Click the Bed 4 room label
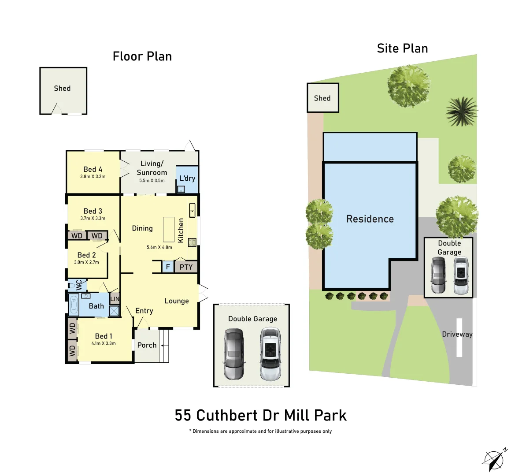click(93, 169)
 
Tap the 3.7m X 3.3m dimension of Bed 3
click(93, 218)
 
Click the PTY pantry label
click(186, 267)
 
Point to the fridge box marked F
click(168, 267)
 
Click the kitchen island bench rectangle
click(169, 229)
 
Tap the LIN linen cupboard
click(115, 299)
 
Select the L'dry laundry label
click(187, 178)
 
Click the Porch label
click(147, 345)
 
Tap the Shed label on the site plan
click(322, 98)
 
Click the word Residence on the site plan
click(370, 219)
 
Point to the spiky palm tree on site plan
click(462, 111)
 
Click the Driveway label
click(457, 334)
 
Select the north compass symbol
click(494, 460)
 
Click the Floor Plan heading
click(142, 56)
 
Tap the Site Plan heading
click(402, 48)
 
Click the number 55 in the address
click(183, 415)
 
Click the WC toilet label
click(78, 285)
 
